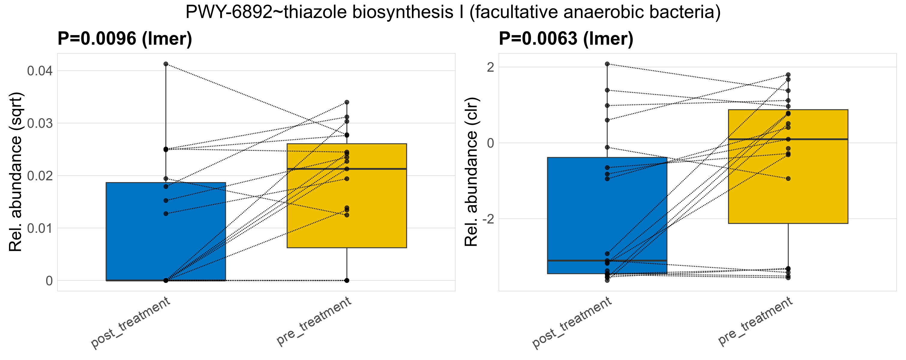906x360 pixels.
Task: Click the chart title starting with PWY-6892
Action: (453, 13)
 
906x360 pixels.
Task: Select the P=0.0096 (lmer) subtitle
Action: (125, 39)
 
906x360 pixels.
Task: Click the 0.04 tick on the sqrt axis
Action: (40, 71)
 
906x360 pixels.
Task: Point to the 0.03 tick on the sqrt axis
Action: (40, 123)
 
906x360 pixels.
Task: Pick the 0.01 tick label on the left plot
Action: (40, 229)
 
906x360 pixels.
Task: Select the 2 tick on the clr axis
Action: (490, 67)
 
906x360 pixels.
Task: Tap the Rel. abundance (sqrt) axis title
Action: (16, 172)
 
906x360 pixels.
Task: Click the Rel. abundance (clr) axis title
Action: (471, 172)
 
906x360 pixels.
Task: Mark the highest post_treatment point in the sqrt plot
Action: (166, 64)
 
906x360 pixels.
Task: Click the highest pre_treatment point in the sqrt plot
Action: (347, 102)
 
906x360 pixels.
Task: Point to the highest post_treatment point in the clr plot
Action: (607, 64)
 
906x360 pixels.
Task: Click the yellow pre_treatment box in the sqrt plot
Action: (347, 211)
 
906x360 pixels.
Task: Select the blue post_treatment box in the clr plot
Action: (607, 211)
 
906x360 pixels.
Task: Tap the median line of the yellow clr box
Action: (788, 139)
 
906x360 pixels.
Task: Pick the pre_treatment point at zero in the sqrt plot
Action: (347, 280)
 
